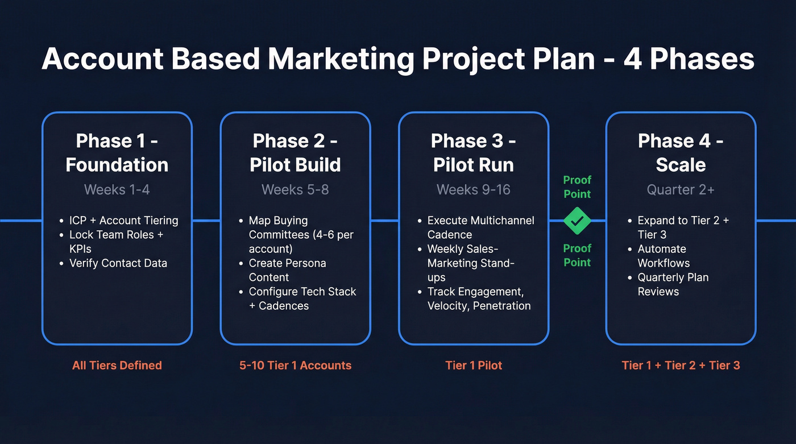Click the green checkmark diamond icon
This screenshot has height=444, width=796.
[577, 221]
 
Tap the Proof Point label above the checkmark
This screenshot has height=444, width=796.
[577, 186]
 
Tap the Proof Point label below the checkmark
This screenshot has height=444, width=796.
[577, 255]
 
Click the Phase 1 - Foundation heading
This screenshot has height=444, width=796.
[117, 152]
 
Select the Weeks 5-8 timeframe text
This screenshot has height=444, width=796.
[295, 189]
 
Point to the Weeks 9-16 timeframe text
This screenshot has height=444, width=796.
[474, 189]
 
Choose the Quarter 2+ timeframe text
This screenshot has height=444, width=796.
[681, 189]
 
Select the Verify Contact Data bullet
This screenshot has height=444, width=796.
[118, 263]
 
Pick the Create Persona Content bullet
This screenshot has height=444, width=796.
[287, 270]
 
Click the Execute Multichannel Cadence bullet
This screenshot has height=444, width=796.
[480, 227]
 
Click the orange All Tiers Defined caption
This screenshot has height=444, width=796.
[117, 365]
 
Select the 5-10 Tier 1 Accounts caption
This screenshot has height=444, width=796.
[295, 365]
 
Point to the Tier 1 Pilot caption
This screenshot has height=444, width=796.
[474, 365]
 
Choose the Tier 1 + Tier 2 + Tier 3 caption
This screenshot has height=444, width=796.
[681, 365]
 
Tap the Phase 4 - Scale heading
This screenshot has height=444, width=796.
[681, 152]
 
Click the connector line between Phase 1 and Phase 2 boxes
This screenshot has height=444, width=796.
[206, 221]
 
